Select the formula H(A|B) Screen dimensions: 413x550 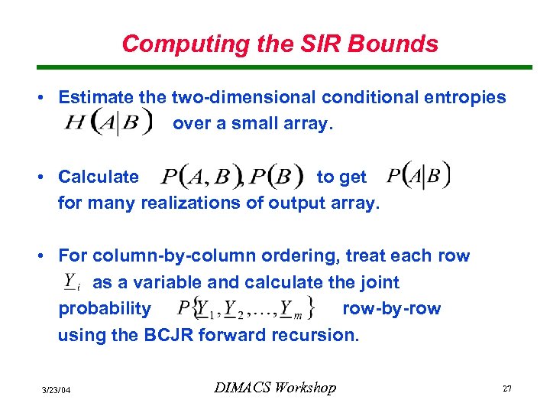108,123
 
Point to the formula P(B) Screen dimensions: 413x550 270,177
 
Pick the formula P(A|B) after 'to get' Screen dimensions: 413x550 418,175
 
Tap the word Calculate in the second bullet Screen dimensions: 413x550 99,177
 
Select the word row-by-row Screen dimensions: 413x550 392,308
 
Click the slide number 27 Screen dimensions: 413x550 506,389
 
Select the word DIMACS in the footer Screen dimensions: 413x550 242,388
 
